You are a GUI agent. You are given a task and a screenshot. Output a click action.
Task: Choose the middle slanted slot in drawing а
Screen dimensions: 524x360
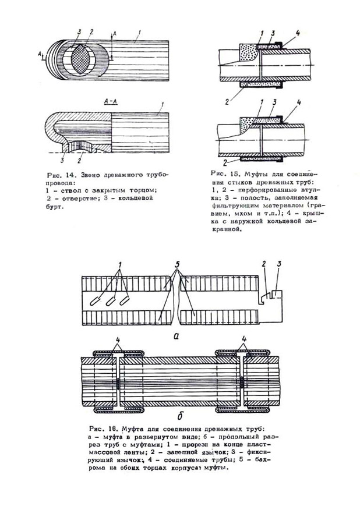pyautogui.click(x=110, y=301)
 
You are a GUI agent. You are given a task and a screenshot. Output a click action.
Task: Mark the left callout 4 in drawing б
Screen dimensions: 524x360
pyautogui.click(x=118, y=337)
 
